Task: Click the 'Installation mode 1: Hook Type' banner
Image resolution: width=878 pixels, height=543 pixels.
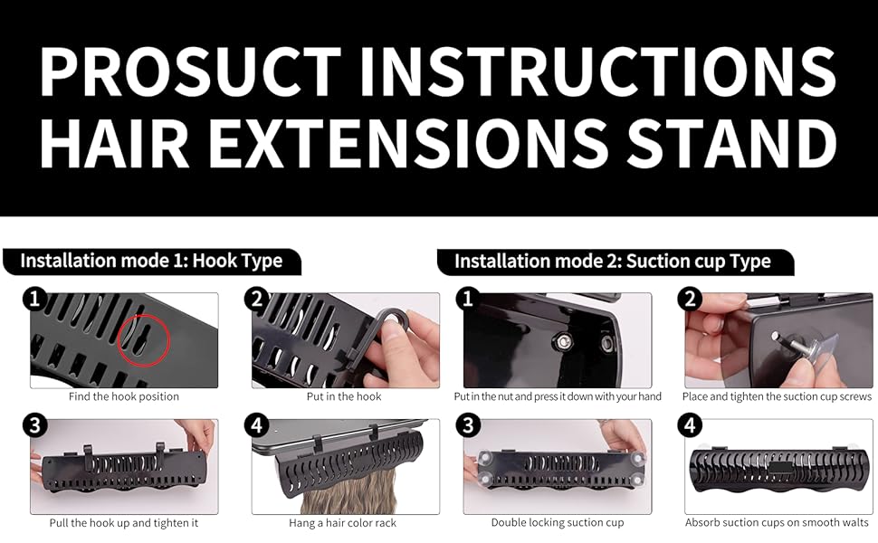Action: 151,262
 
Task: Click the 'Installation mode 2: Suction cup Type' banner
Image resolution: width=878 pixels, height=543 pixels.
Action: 612,262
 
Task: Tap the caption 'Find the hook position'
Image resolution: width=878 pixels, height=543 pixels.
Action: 124,396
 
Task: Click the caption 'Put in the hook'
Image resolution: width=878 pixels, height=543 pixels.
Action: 345,396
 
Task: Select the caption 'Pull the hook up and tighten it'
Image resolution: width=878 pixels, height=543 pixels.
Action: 124,523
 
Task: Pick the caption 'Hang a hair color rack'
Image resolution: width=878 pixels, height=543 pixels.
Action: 345,523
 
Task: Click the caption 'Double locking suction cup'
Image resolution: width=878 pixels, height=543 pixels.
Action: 558,523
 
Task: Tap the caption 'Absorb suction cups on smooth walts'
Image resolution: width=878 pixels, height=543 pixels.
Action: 778,523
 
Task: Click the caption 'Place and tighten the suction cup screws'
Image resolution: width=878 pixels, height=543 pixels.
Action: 778,396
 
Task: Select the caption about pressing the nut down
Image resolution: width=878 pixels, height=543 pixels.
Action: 558,396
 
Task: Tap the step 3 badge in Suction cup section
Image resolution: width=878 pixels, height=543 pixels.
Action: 474,425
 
